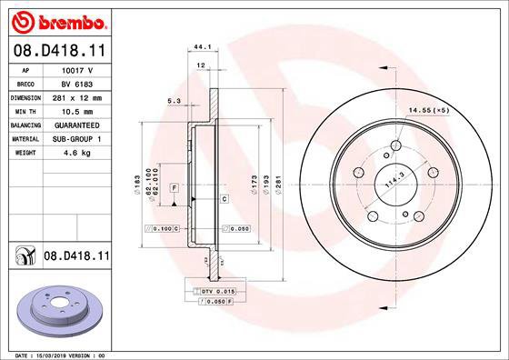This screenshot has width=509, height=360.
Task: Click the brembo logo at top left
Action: [56, 18]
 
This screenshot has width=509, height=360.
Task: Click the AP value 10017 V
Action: [77, 69]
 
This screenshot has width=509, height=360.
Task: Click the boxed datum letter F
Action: [173, 186]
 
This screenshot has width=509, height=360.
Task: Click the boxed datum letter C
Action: [223, 197]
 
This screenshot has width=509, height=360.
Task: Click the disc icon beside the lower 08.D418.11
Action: [22, 258]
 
